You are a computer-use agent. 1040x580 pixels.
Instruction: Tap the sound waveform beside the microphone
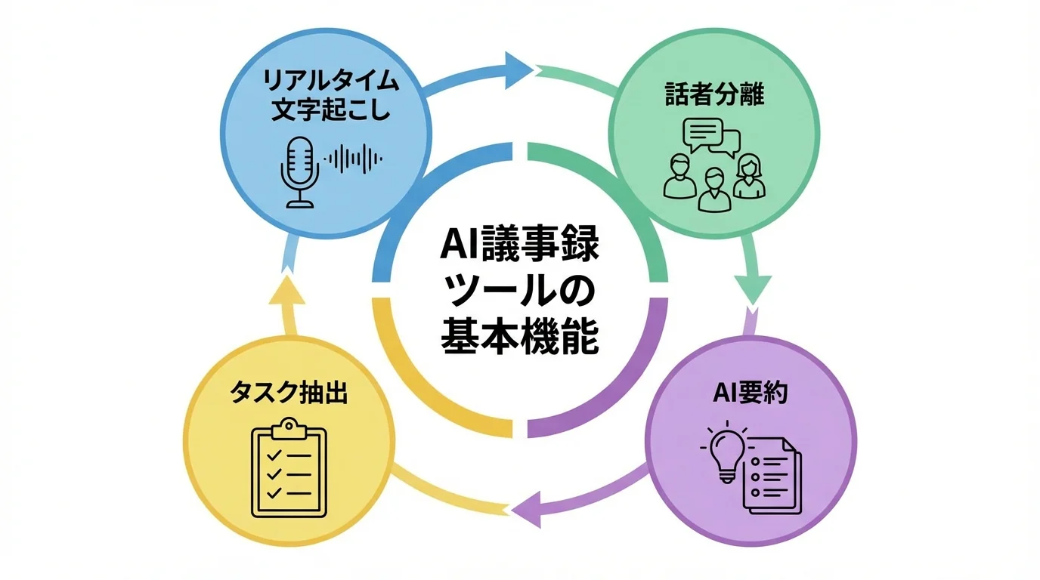(x=354, y=158)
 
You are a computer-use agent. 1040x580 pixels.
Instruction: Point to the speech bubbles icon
(x=710, y=137)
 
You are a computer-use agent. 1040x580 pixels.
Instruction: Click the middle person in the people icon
(x=713, y=189)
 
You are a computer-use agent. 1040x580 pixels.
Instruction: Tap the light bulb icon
(x=726, y=453)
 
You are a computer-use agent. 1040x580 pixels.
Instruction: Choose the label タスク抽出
(x=289, y=393)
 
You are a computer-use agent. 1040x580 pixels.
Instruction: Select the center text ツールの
(x=520, y=292)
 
